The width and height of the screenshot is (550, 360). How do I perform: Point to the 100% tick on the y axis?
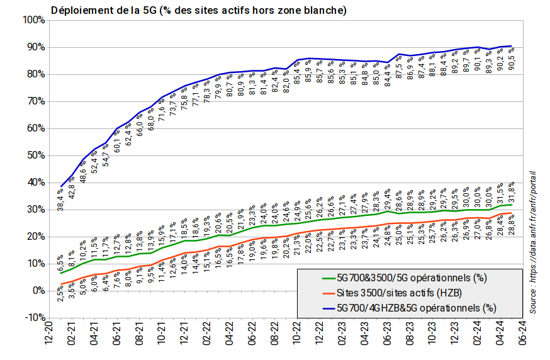coord(33,20)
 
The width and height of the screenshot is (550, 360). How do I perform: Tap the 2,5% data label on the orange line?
coord(60,293)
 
